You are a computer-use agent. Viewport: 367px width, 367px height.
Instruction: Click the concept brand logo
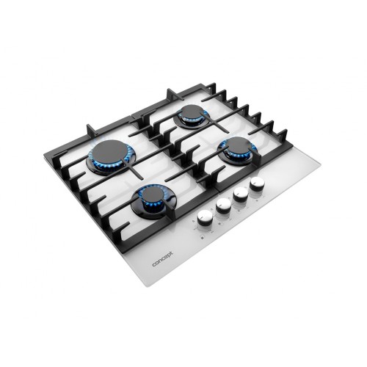(163, 259)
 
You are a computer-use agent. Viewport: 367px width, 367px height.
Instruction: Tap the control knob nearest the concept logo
(204, 217)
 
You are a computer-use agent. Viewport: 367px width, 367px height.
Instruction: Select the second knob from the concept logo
(223, 206)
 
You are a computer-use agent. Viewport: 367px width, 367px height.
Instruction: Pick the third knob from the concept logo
(241, 195)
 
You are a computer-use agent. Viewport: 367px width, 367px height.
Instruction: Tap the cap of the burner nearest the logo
(151, 195)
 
